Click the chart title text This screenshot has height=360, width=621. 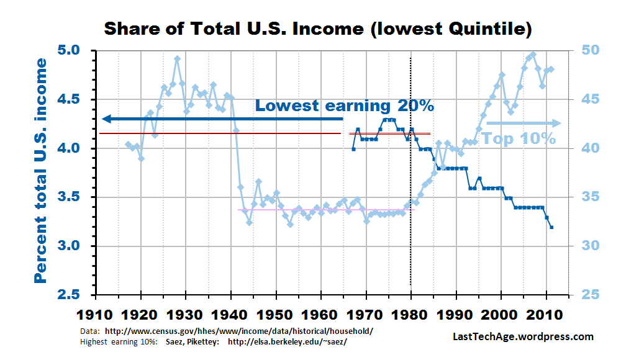pyautogui.click(x=317, y=29)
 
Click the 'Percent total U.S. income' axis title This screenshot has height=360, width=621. pyautogui.click(x=41, y=170)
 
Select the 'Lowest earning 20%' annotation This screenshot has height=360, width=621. pyautogui.click(x=345, y=106)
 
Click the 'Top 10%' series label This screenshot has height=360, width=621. pyautogui.click(x=519, y=138)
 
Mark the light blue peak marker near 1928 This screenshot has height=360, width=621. pyautogui.click(x=177, y=58)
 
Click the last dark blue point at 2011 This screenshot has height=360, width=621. pyautogui.click(x=551, y=227)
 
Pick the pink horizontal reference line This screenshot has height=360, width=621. pyautogui.click(x=323, y=210)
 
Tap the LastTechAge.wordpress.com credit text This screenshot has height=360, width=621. pyautogui.click(x=523, y=337)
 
